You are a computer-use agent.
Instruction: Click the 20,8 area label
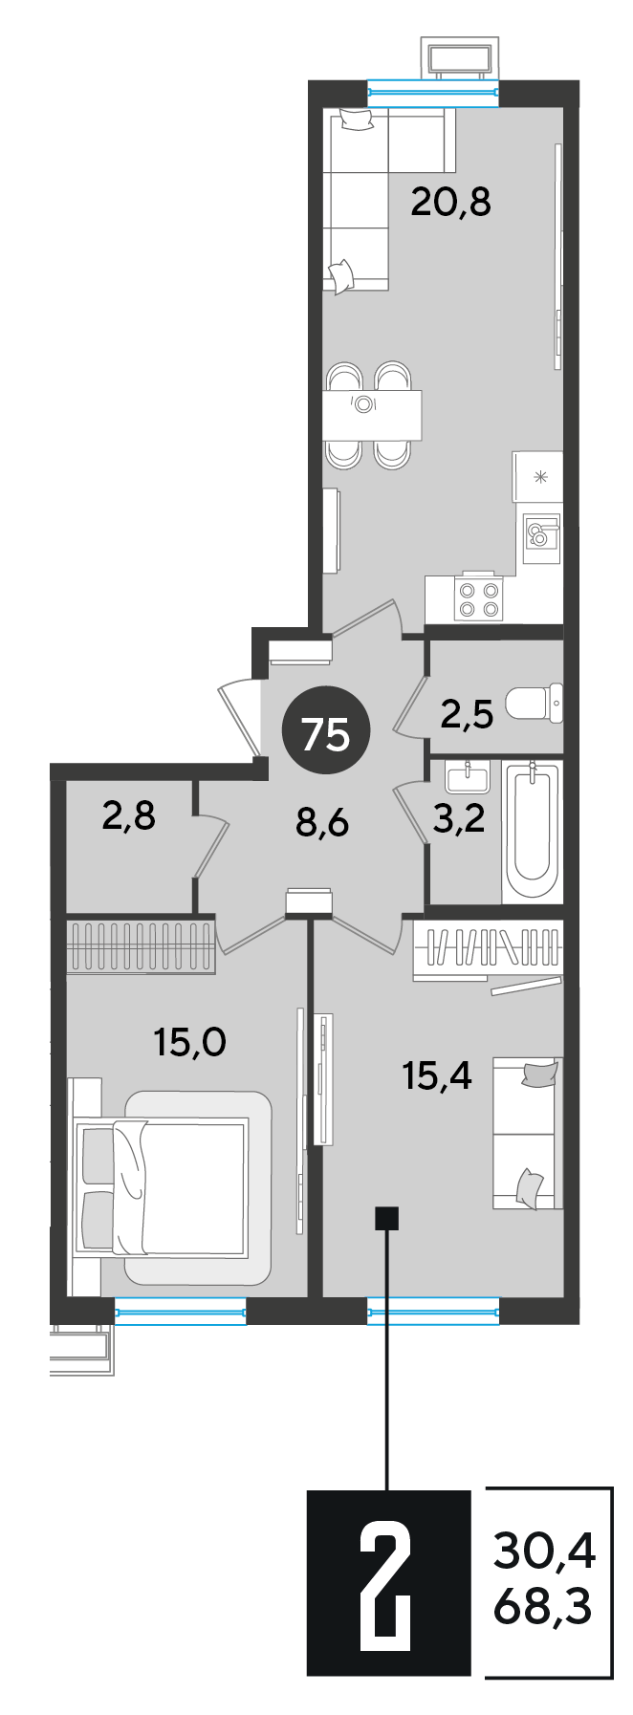point(450,202)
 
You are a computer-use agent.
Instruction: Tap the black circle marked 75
point(326,734)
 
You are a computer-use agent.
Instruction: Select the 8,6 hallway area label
point(322,821)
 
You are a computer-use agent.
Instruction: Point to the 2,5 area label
point(467,713)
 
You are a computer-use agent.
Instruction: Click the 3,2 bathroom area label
point(459,818)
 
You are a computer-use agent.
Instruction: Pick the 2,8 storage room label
point(128,817)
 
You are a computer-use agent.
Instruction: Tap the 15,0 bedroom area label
point(190,1041)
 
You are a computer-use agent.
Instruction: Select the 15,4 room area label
point(437,1076)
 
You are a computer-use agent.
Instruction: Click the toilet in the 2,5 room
point(534,705)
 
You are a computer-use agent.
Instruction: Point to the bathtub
point(532,830)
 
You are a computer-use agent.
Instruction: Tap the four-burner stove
point(478,597)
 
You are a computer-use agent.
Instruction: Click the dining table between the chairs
point(372,414)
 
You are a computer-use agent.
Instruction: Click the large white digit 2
point(387,1581)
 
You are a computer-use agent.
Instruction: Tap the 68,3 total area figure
point(543,1607)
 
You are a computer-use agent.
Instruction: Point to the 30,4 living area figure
point(544,1550)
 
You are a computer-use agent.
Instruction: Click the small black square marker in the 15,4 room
point(387,1218)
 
